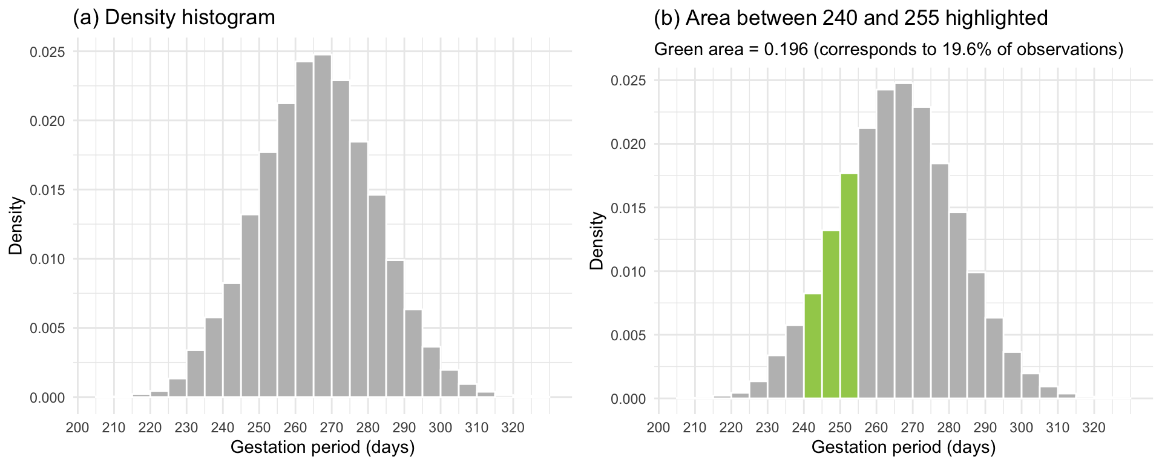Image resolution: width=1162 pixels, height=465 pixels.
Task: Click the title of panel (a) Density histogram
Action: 174,18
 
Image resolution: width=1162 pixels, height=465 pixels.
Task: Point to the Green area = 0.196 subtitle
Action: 888,49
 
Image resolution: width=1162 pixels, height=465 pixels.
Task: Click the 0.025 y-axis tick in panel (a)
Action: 47,52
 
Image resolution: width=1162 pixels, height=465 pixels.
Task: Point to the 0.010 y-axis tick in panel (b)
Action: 628,272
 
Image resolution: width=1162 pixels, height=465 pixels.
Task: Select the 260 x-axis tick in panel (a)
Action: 295,428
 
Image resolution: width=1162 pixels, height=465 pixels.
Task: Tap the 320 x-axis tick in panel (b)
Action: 1094,428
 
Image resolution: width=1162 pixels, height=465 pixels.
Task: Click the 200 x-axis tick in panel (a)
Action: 77,428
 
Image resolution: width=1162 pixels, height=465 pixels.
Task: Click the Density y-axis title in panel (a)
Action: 16,225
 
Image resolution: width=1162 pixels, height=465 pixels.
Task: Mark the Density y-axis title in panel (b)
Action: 597,240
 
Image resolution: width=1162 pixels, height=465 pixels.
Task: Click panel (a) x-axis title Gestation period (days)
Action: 323,448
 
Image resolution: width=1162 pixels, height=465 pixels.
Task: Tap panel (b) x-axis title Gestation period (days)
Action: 903,448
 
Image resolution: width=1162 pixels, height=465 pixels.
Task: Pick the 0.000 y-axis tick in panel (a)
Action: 47,398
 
